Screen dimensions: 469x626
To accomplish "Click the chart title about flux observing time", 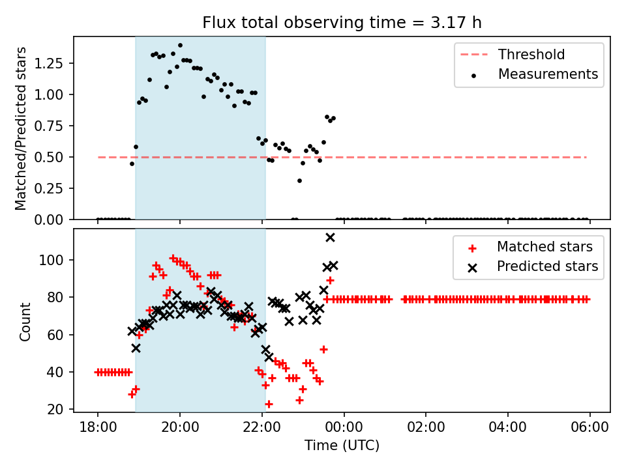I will click(342, 23).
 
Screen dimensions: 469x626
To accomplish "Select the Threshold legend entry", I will click(531, 54).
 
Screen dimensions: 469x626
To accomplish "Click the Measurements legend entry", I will click(548, 74).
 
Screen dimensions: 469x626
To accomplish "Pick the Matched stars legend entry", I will click(544, 247).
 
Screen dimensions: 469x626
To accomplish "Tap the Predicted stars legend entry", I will click(547, 266).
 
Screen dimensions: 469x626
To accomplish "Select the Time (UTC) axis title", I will click(342, 446).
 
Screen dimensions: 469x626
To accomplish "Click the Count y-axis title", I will click(25, 321).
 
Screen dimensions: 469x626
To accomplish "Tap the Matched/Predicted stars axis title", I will click(21, 128).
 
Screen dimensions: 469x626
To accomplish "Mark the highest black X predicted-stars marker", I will click(330, 237).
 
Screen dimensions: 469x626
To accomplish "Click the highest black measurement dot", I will click(180, 46).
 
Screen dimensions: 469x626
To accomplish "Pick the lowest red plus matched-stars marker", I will click(269, 404).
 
